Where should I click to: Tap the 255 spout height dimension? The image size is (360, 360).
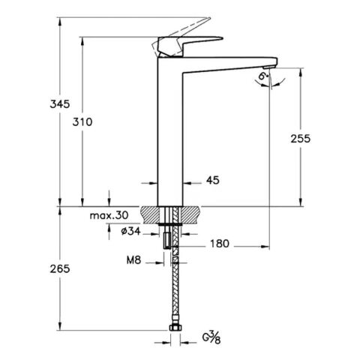pyautogui.click(x=299, y=138)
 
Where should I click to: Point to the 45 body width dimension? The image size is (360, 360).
pyautogui.click(x=212, y=180)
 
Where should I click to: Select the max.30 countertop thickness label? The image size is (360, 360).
pyautogui.click(x=109, y=215)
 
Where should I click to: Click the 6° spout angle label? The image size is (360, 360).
pyautogui.click(x=262, y=76)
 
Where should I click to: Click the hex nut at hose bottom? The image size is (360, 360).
pyautogui.click(x=175, y=329)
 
